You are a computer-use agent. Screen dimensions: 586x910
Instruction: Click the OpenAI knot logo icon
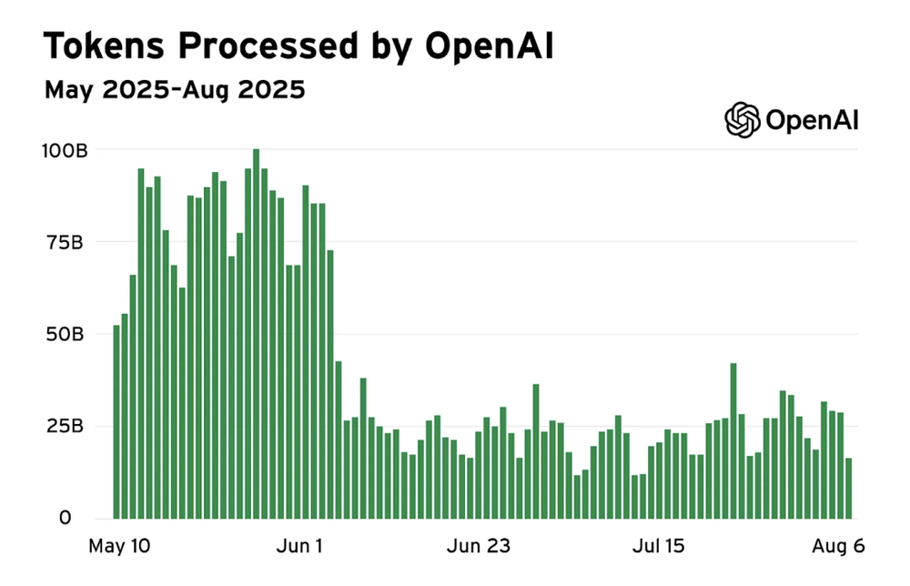pos(742,119)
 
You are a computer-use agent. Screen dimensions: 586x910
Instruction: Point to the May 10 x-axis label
pos(120,547)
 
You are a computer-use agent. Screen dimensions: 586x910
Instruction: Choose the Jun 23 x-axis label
pos(480,547)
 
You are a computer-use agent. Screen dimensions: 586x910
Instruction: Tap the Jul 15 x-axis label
pos(659,547)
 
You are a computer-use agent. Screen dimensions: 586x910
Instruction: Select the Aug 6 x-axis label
pos(838,547)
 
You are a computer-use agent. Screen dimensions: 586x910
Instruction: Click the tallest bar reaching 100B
pos(257,333)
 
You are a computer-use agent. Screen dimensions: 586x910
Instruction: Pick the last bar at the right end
pos(849,488)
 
